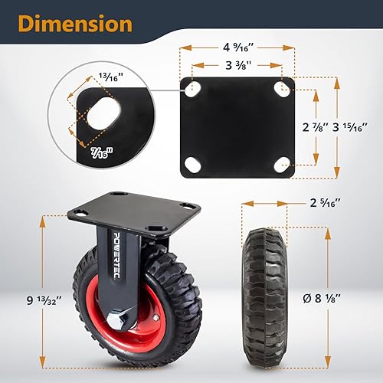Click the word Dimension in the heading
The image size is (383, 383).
(75, 24)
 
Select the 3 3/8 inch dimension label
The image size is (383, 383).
(238, 66)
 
